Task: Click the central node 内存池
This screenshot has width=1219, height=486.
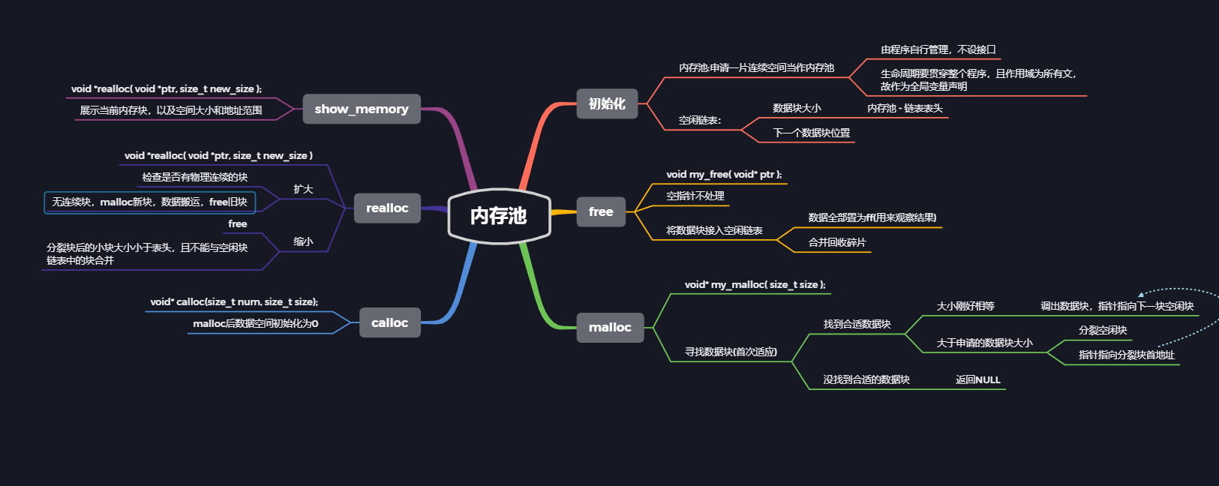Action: tap(499, 216)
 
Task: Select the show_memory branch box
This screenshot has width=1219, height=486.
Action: tap(362, 109)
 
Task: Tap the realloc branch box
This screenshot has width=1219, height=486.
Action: tap(387, 208)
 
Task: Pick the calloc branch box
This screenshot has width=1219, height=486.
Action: tap(389, 322)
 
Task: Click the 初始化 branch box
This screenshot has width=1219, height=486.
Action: tap(607, 103)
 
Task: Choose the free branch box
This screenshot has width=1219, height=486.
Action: tap(601, 211)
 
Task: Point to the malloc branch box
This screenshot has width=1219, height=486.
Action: tap(610, 327)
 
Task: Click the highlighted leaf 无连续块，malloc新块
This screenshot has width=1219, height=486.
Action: tap(150, 202)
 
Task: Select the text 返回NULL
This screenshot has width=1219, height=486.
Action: tap(978, 379)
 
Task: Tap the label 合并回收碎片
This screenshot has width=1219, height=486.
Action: tap(837, 242)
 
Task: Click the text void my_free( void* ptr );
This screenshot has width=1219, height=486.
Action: tap(724, 174)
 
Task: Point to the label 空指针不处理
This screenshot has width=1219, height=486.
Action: tap(695, 196)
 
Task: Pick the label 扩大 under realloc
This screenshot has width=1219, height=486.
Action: tap(303, 189)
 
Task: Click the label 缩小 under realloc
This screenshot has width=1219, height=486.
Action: tap(303, 241)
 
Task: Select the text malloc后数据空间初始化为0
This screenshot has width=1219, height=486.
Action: tap(256, 323)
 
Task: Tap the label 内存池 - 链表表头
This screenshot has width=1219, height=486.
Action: tap(905, 108)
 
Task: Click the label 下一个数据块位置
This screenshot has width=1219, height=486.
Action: tap(812, 133)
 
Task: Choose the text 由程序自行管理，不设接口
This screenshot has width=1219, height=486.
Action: tap(938, 49)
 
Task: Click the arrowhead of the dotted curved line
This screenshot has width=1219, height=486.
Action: tap(1141, 294)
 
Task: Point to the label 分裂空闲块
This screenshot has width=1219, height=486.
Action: tap(1103, 330)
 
